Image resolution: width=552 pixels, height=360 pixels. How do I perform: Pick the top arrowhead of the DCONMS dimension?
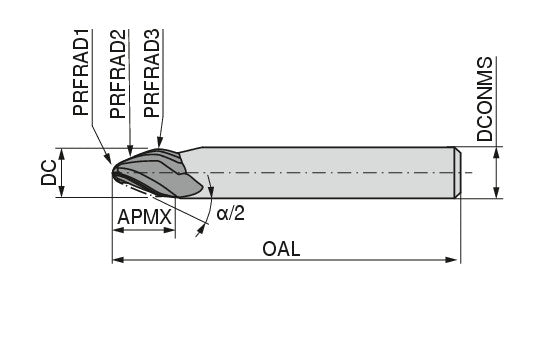[x=497, y=152]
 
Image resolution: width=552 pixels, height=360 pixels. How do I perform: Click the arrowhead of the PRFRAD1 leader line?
[x=109, y=159]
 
